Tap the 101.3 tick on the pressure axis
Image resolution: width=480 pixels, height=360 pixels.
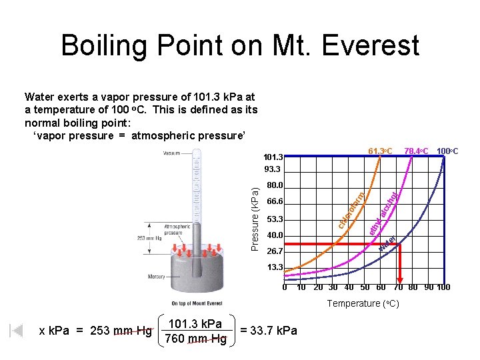274,157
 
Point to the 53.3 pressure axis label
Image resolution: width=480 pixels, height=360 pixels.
274,219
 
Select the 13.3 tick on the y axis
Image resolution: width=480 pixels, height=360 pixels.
274,267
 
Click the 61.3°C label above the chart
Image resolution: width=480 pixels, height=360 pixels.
381,151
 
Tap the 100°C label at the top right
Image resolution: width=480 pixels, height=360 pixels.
451,151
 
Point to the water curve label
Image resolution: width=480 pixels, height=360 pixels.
387,244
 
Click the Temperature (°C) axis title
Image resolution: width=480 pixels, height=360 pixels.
363,303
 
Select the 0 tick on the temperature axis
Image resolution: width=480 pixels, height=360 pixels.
285,287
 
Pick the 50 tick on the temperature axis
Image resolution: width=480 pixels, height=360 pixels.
365,287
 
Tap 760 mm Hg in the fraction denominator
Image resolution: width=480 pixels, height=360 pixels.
195,340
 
